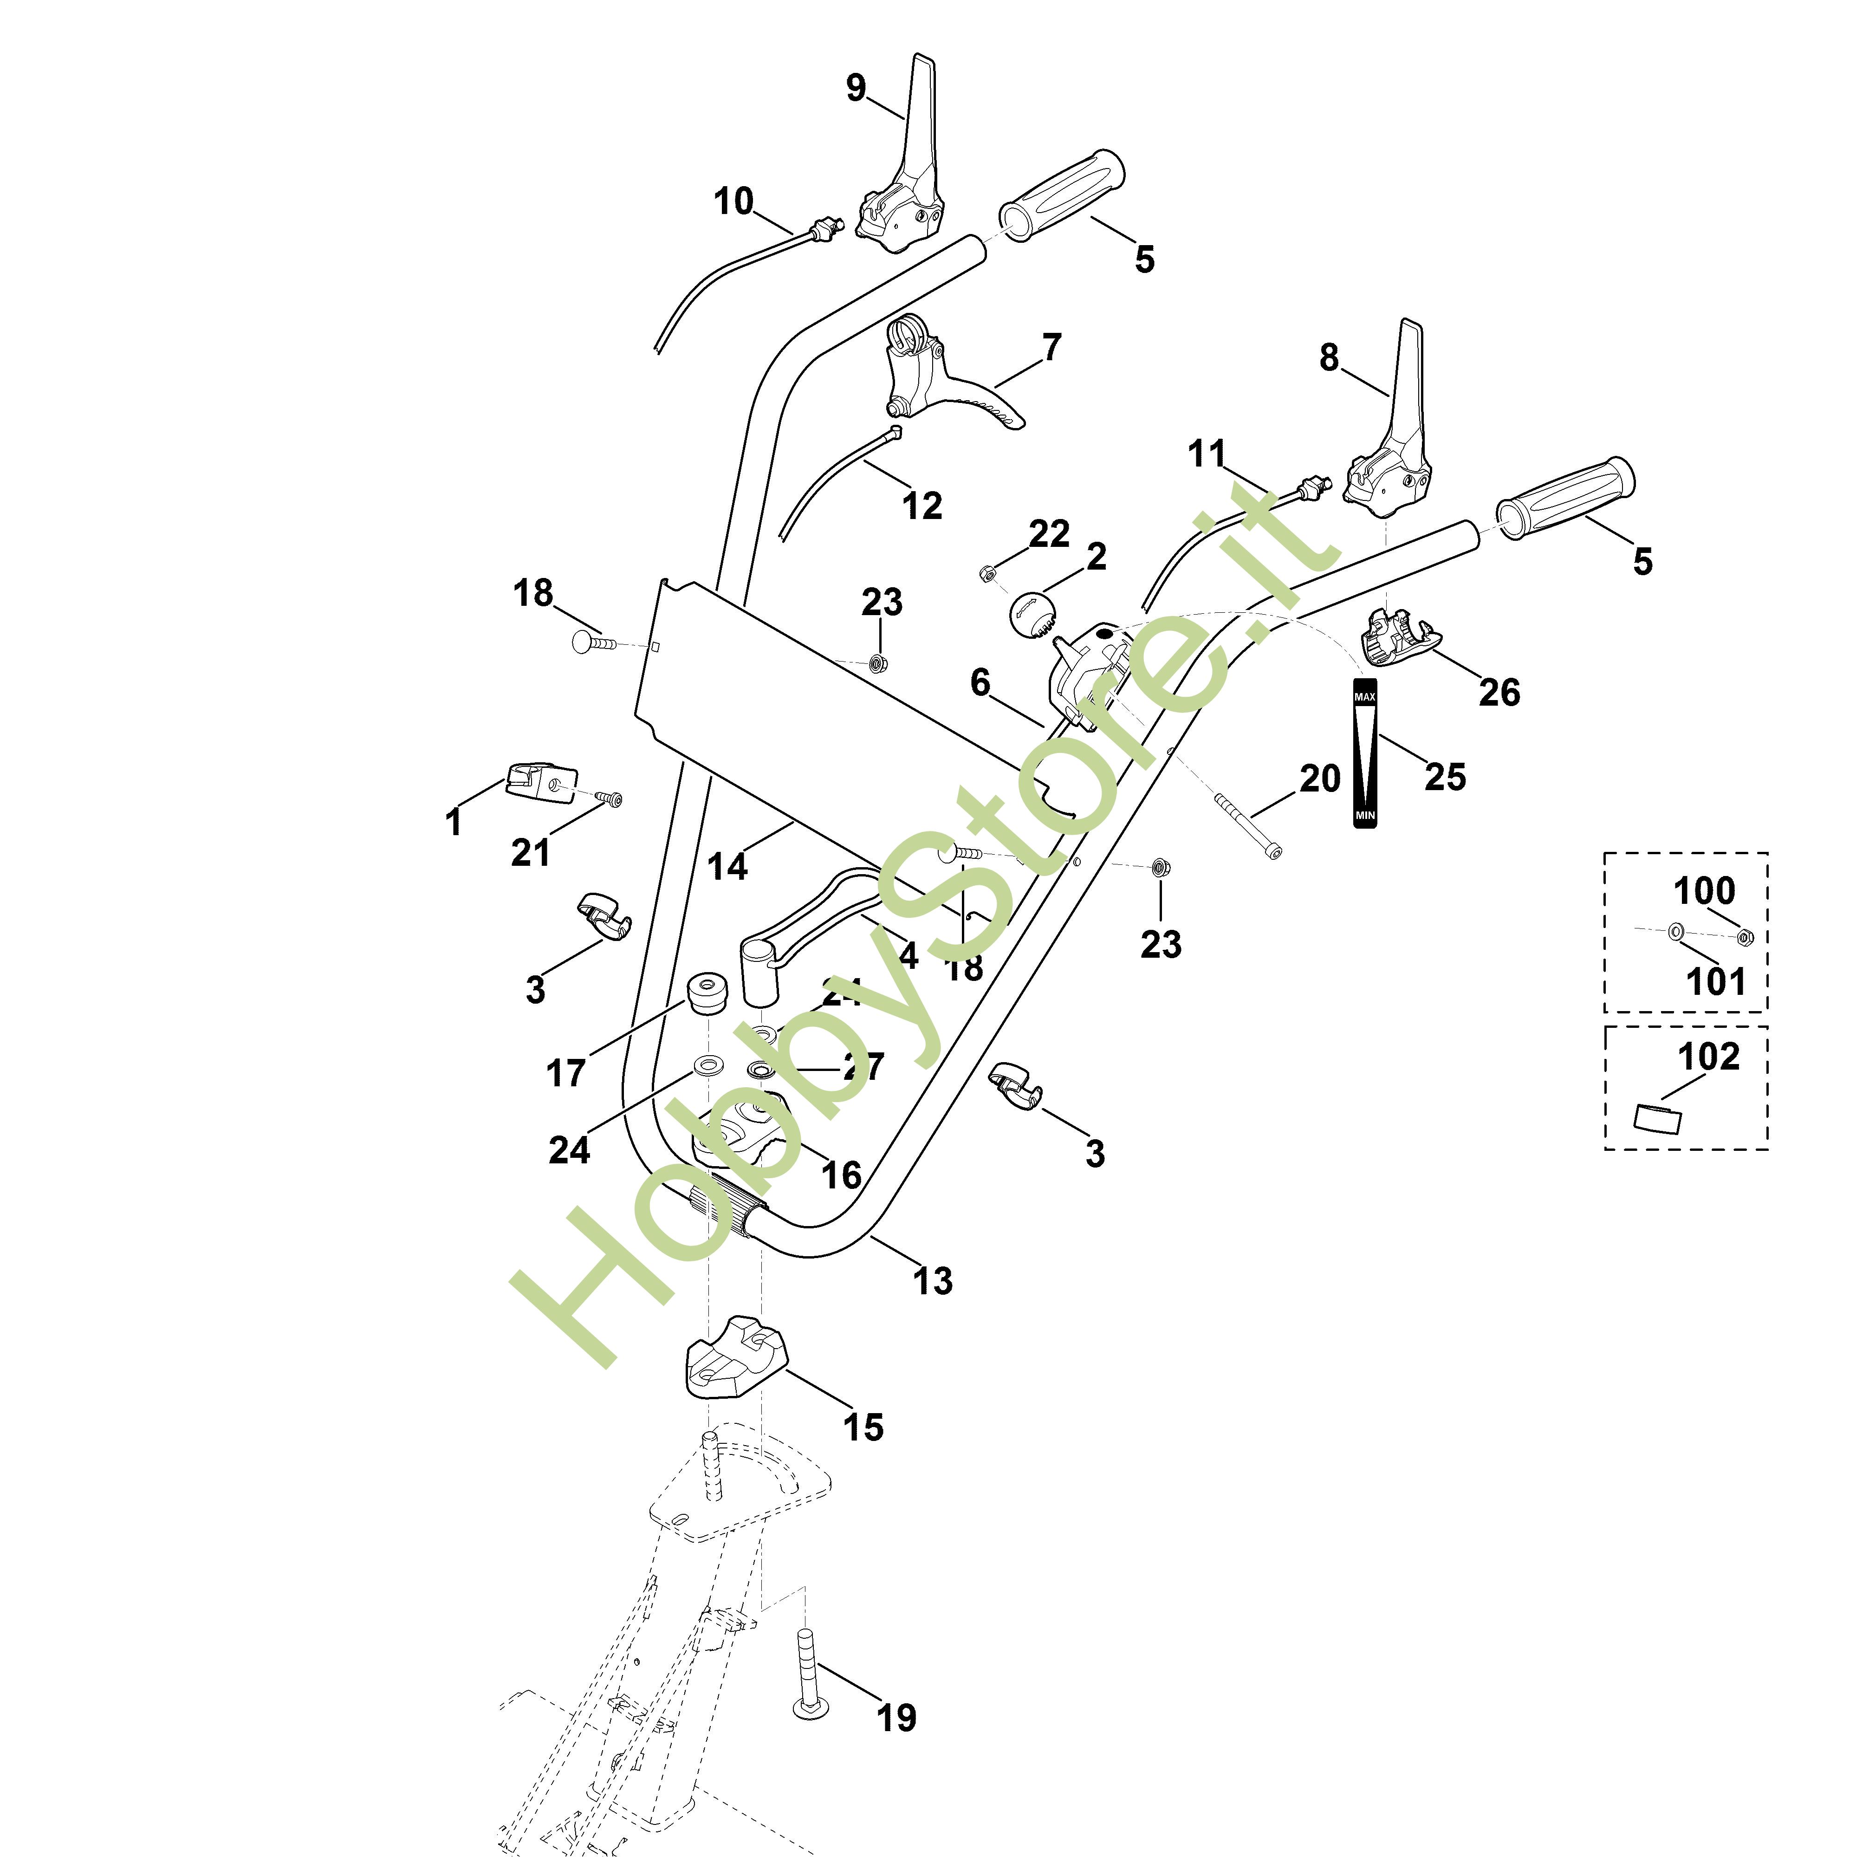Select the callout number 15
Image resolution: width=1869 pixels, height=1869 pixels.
863,1427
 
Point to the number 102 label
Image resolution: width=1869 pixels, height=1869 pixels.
1708,1057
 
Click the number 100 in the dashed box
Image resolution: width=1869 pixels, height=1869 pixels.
1705,890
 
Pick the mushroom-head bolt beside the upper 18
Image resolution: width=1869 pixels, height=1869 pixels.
590,642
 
